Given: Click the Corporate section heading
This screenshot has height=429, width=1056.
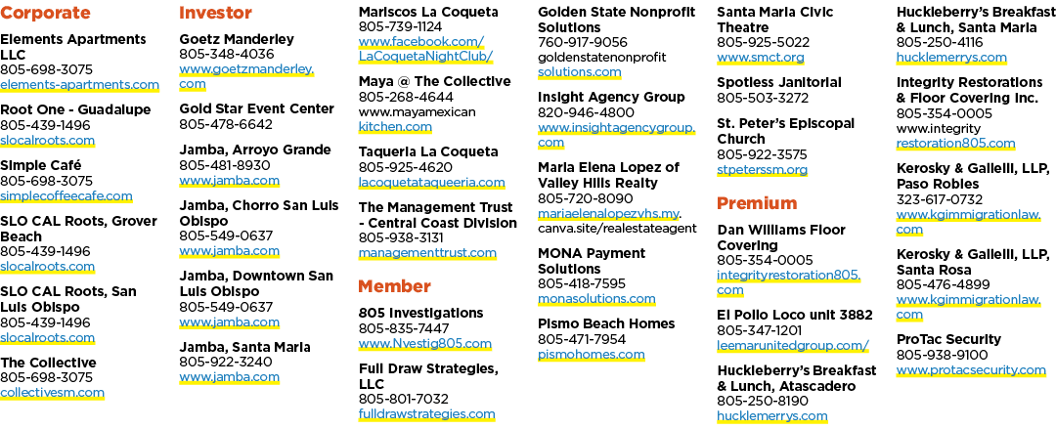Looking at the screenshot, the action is [45, 13].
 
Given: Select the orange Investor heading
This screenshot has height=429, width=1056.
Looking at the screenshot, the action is [215, 13].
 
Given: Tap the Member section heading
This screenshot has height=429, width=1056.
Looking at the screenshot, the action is [395, 286].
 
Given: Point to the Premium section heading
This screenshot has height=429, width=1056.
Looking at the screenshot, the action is [757, 203].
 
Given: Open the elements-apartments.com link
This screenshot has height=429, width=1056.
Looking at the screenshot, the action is [79, 85].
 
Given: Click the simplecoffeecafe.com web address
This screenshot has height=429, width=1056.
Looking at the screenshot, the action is [66, 196].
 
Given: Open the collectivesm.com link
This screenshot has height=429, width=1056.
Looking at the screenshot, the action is [53, 392].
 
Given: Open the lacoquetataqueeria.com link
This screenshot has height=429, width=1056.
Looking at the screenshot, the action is [432, 182].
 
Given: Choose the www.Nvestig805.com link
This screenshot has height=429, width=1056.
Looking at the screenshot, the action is [425, 343].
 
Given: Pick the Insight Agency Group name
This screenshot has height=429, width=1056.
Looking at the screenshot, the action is [611, 97].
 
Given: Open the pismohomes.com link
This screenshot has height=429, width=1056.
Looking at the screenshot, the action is [592, 355].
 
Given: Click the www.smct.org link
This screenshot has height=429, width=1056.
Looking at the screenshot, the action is [761, 58].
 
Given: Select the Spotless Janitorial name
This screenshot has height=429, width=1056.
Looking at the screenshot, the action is [779, 82].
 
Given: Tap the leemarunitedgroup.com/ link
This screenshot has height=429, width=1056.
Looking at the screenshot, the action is [793, 346].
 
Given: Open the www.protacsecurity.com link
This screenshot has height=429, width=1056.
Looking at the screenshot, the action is [971, 369].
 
